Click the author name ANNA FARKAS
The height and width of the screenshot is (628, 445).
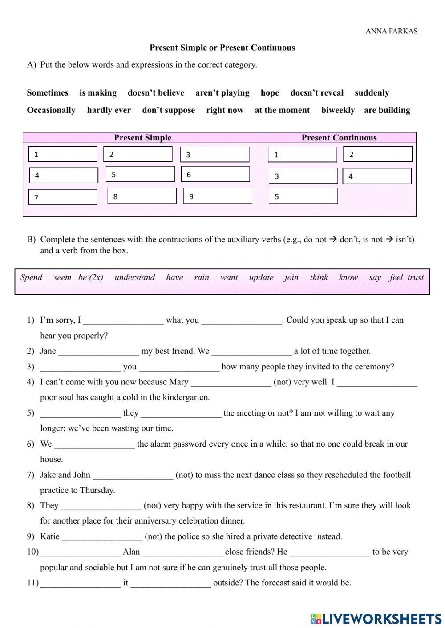click(391, 31)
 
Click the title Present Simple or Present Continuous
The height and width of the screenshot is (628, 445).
click(222, 48)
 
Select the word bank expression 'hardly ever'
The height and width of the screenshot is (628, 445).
click(109, 110)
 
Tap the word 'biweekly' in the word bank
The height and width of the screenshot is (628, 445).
click(338, 110)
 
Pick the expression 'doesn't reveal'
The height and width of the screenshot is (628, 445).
click(316, 93)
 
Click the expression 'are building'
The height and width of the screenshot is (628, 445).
click(387, 110)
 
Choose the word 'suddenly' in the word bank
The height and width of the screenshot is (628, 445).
click(372, 93)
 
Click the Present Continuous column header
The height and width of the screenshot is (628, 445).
click(339, 138)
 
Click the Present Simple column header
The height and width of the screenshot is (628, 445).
click(142, 138)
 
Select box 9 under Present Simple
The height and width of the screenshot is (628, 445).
click(218, 196)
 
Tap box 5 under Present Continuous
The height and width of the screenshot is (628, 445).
click(303, 196)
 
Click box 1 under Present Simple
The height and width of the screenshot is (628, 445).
click(62, 154)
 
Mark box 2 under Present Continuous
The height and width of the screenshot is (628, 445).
click(378, 154)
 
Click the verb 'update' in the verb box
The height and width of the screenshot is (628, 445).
click(261, 278)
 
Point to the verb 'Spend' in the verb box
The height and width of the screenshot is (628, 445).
click(32, 278)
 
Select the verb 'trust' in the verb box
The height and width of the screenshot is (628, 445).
click(415, 278)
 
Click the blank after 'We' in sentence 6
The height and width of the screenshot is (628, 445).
click(94, 444)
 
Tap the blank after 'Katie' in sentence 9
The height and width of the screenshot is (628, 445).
click(102, 537)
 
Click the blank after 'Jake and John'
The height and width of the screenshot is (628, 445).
click(133, 475)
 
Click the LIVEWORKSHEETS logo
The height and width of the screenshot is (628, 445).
click(376, 618)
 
